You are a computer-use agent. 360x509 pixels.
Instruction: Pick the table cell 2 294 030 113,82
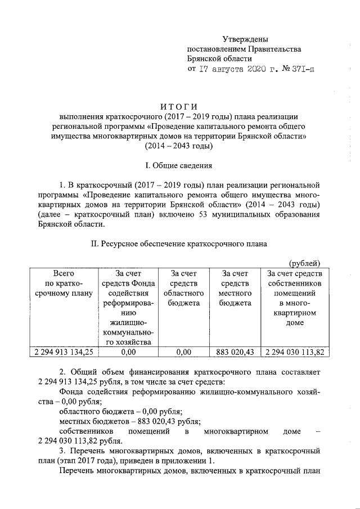tap(295, 353)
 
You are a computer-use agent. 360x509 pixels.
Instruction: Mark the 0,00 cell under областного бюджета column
tap(183, 353)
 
